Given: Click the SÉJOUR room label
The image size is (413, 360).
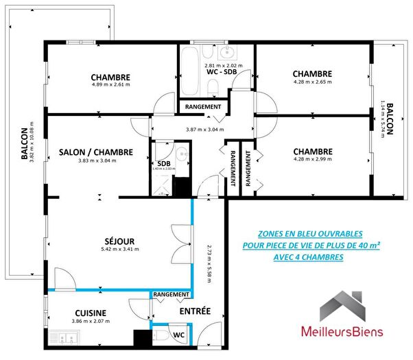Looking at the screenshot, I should (119, 241).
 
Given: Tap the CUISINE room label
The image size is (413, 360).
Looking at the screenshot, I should (91, 312).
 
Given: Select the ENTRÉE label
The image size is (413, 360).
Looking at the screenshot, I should (195, 312).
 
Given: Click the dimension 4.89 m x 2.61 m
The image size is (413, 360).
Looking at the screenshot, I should (110, 85).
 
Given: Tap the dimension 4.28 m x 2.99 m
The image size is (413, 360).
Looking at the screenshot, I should (312, 160).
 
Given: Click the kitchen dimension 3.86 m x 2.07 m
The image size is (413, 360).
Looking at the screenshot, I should (91, 321).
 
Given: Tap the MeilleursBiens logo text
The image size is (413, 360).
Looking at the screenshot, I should (343, 332).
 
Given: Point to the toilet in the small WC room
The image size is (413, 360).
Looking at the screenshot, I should (161, 335).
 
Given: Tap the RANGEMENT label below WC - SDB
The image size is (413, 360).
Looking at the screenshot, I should (204, 107).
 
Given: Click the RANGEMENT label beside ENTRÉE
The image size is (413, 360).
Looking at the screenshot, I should (172, 295).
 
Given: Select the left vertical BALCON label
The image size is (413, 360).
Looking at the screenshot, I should (25, 145).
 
